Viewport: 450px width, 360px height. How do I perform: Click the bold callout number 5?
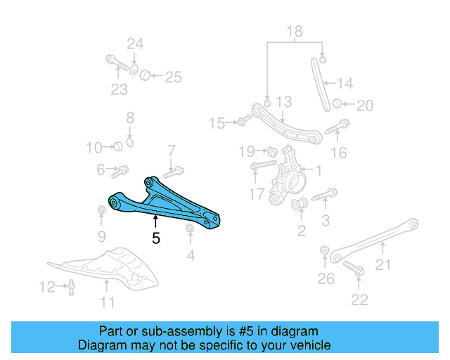pos(156,238)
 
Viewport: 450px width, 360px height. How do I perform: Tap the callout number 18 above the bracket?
pos(294,32)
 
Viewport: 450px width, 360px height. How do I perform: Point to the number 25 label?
pos(173,77)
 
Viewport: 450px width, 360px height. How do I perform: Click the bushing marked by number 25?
pos(144,74)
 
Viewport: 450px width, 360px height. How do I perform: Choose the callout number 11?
pos(107,302)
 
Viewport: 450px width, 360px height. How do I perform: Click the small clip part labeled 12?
pos(71,287)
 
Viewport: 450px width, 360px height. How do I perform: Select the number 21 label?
pos(382,265)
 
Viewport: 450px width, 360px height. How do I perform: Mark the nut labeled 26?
pos(324,251)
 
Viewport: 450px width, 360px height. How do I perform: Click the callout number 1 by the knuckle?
pos(318,170)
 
